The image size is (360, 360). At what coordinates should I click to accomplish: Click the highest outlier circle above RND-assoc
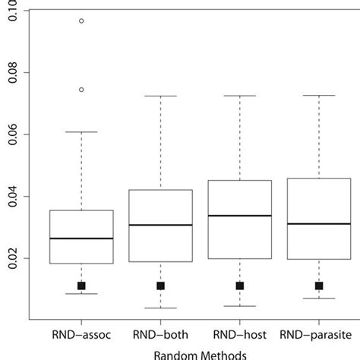tap(81, 21)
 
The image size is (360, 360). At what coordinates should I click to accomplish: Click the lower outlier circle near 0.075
tap(81, 90)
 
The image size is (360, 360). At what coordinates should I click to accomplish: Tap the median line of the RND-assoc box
tap(81, 238)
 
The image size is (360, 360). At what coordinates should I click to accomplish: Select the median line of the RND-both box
tap(160, 225)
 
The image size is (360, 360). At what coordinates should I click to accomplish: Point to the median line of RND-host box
tap(239, 216)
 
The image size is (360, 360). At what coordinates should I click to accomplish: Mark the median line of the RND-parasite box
tap(319, 224)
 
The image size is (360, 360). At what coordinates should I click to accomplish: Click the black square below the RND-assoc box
tap(81, 286)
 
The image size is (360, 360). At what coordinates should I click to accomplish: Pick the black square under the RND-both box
tap(160, 286)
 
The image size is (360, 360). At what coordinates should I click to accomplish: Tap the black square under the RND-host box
tap(239, 286)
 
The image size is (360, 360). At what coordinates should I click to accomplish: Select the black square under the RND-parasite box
tap(319, 286)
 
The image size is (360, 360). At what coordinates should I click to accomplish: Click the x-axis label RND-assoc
tap(81, 334)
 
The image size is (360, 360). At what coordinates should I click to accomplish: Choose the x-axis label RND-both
tap(160, 334)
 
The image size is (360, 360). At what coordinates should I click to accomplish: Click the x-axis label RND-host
tap(239, 334)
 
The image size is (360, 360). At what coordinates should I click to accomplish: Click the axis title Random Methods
tap(200, 354)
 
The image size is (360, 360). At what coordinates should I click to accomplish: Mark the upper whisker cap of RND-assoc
tap(81, 132)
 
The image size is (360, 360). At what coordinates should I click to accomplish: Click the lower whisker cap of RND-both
tap(160, 308)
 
